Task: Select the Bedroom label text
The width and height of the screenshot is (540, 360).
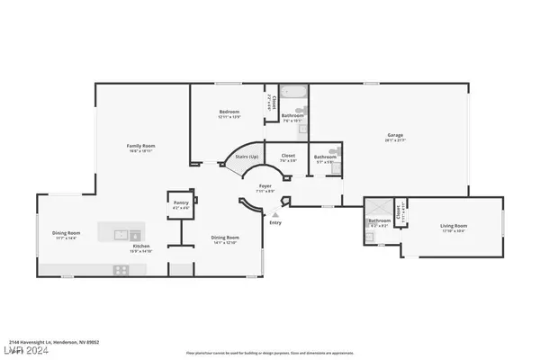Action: [x=229, y=112]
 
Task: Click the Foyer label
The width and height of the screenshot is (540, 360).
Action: [x=265, y=185]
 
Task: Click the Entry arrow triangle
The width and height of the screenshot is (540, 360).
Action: [x=275, y=215]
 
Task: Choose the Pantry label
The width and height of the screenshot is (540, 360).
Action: [x=181, y=203]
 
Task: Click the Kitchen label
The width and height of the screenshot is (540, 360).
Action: [x=141, y=246]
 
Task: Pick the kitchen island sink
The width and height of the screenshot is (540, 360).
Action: [x=120, y=234]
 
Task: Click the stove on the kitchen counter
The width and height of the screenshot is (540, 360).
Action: [x=120, y=268]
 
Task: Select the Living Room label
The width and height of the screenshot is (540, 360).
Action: [x=454, y=226]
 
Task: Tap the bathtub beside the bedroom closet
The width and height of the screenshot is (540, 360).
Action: [x=292, y=93]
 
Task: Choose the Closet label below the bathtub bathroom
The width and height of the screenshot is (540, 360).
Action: [x=288, y=155]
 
